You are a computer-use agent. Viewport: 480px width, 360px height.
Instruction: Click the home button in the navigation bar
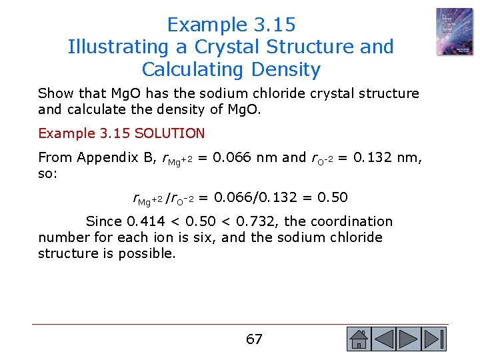click(x=358, y=339)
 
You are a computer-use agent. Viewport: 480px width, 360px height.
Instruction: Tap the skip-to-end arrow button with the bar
click(x=435, y=339)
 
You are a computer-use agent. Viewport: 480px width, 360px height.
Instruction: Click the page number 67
click(x=254, y=339)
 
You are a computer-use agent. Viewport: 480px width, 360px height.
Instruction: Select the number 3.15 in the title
click(x=275, y=25)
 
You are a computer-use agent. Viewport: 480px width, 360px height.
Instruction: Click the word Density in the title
click(x=285, y=69)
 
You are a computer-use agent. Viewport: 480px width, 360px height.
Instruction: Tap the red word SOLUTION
click(x=169, y=133)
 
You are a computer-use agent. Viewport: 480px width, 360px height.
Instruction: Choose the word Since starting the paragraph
click(x=104, y=221)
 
